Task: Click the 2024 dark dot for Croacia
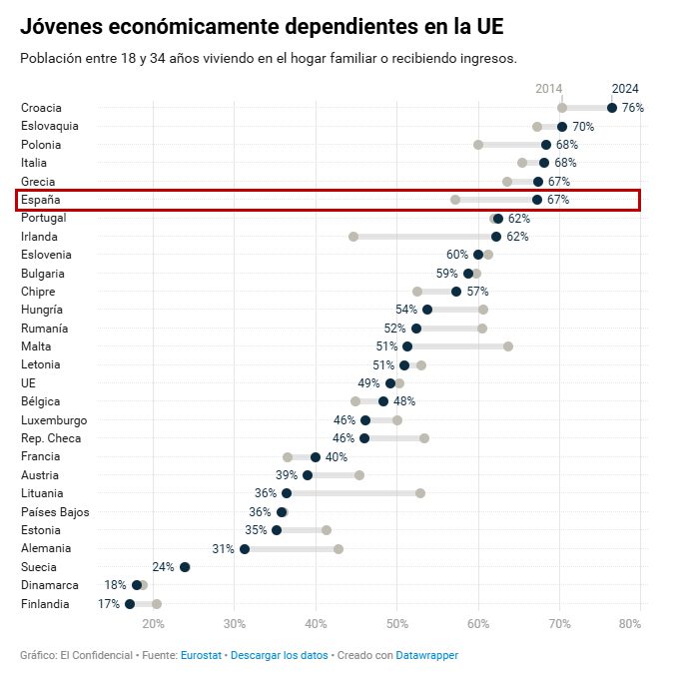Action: pyautogui.click(x=612, y=108)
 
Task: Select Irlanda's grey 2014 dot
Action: pyautogui.click(x=353, y=237)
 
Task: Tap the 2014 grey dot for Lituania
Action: pyautogui.click(x=420, y=493)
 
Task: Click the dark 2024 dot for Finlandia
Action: pyautogui.click(x=130, y=604)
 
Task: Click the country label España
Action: pyautogui.click(x=41, y=200)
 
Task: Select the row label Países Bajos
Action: pyautogui.click(x=55, y=512)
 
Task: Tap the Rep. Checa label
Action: pyautogui.click(x=51, y=438)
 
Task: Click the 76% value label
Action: pyautogui.click(x=632, y=108)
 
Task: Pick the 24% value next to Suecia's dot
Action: pyautogui.click(x=163, y=567)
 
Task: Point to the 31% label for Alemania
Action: pyautogui.click(x=223, y=549)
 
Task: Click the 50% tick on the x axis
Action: pyautogui.click(x=397, y=624)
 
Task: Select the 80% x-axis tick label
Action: pyautogui.click(x=630, y=624)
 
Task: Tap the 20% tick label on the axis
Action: pyautogui.click(x=153, y=624)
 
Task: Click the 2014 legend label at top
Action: pyautogui.click(x=549, y=89)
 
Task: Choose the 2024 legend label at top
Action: pyautogui.click(x=625, y=89)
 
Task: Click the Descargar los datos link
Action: pyautogui.click(x=274, y=655)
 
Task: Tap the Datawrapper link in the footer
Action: pyautogui.click(x=426, y=655)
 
